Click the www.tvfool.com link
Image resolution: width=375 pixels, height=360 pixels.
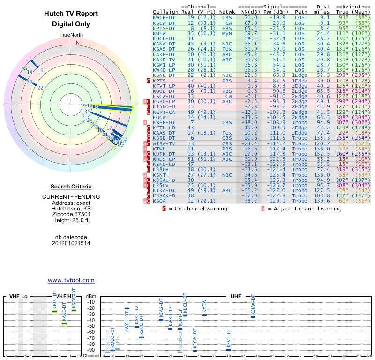[x=71, y=280]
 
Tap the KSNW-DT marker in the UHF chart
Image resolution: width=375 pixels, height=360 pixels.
[x=253, y=317]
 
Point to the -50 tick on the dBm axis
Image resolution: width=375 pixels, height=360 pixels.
[x=91, y=326]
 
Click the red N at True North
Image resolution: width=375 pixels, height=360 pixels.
[x=78, y=43]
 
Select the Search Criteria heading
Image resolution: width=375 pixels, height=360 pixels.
[x=71, y=187]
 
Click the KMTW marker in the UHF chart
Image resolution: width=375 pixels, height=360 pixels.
[x=204, y=315]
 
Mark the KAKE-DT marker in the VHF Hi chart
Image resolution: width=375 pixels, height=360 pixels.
[x=64, y=323]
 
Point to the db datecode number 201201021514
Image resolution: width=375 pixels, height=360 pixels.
[x=71, y=243]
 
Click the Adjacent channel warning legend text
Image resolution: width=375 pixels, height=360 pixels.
[x=307, y=209]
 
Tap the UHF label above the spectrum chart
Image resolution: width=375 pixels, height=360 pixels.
[x=236, y=297]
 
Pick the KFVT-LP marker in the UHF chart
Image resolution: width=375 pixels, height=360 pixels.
[x=228, y=350]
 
